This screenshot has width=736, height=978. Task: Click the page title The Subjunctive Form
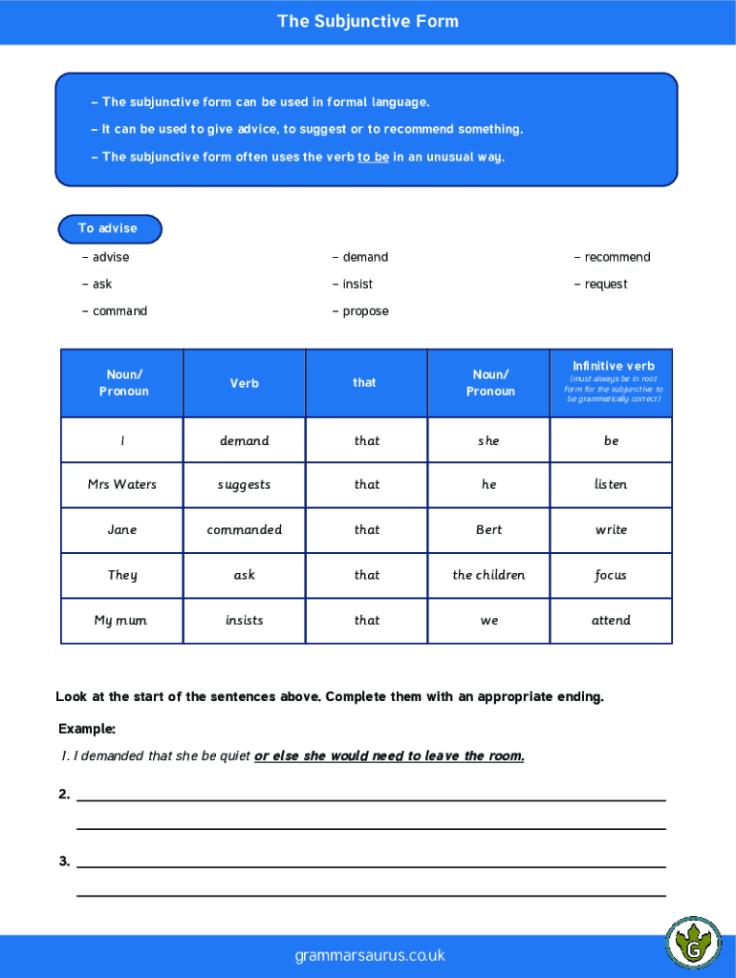(368, 21)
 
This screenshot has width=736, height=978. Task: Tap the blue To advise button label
(108, 228)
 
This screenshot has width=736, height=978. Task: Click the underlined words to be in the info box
(373, 157)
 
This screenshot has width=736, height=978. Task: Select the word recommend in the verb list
(617, 257)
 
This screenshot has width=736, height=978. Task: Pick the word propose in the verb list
(365, 311)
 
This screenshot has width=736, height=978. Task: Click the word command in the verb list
(119, 311)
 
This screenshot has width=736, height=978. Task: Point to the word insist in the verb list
(357, 284)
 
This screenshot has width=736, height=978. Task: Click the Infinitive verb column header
(613, 366)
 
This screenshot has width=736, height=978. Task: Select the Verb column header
(244, 383)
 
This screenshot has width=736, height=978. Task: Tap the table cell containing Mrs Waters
(122, 484)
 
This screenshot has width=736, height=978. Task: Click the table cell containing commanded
(244, 529)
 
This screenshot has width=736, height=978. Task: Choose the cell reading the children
(488, 575)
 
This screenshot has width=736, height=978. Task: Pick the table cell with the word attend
(611, 620)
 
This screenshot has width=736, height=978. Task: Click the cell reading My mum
(121, 620)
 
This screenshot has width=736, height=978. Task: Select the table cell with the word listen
(611, 484)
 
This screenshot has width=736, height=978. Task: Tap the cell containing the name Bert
(488, 529)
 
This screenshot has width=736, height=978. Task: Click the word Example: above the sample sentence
(86, 729)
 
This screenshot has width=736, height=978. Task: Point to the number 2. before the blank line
(64, 794)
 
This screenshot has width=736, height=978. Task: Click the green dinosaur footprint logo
(693, 945)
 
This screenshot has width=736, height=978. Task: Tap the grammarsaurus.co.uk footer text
(370, 955)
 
